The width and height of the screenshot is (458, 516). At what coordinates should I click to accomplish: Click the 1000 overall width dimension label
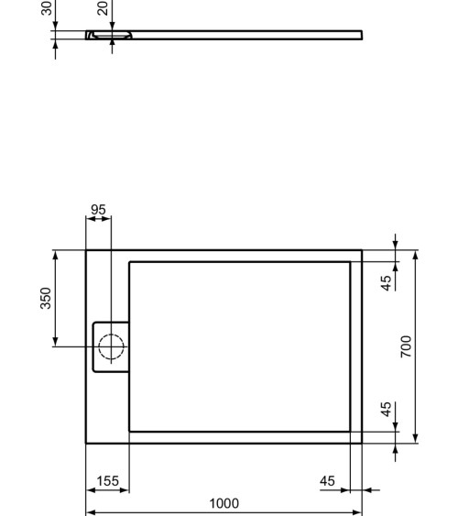tap(224, 503)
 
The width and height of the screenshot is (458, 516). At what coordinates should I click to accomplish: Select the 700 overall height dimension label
tap(406, 346)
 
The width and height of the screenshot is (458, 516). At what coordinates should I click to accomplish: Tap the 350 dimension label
tap(46, 298)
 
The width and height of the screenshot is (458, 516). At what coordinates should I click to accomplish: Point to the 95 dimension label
tap(98, 210)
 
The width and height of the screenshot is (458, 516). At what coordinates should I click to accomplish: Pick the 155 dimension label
tap(108, 480)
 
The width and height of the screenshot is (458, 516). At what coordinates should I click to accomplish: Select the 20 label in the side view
tap(103, 8)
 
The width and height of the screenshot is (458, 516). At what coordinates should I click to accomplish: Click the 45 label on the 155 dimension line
tap(328, 480)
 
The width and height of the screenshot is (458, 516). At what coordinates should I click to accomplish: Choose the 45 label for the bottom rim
tap(387, 409)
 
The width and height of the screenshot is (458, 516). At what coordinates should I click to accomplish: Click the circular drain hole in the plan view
tap(111, 346)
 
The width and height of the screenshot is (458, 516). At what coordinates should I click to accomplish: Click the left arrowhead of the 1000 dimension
tap(89, 513)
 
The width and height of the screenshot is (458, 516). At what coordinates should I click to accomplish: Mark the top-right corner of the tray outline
tap(362, 249)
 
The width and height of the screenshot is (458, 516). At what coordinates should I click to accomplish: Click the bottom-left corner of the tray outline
tap(86, 443)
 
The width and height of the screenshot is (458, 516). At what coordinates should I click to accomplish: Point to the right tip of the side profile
tap(362, 35)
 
